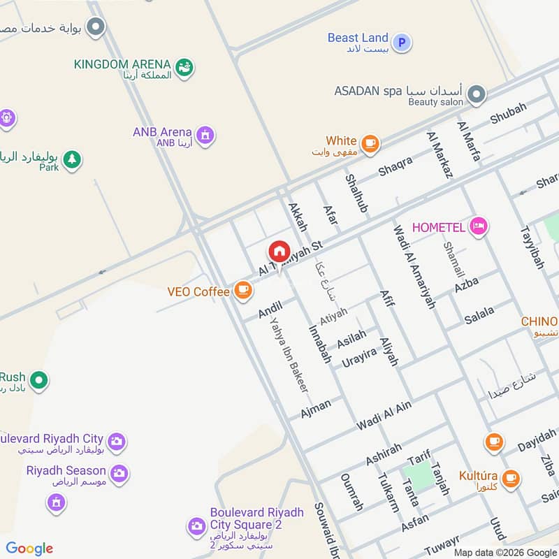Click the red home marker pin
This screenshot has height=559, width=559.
pyautogui.click(x=278, y=252)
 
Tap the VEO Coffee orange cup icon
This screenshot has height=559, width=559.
pyautogui.click(x=243, y=290)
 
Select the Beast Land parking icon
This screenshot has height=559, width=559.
pyautogui.click(x=401, y=43)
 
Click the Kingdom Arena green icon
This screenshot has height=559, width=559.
pyautogui.click(x=184, y=68)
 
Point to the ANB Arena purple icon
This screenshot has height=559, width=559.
pyautogui.click(x=205, y=134)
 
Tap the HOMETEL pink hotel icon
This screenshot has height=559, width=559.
pyautogui.click(x=479, y=226)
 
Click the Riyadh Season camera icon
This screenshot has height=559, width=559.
pyautogui.click(x=119, y=473)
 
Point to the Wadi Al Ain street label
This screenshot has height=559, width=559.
pyautogui.click(x=384, y=415)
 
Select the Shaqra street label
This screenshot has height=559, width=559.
pyautogui.click(x=395, y=166)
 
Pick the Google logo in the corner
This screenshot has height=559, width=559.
pyautogui.click(x=29, y=549)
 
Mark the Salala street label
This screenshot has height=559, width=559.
pyautogui.click(x=479, y=314)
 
